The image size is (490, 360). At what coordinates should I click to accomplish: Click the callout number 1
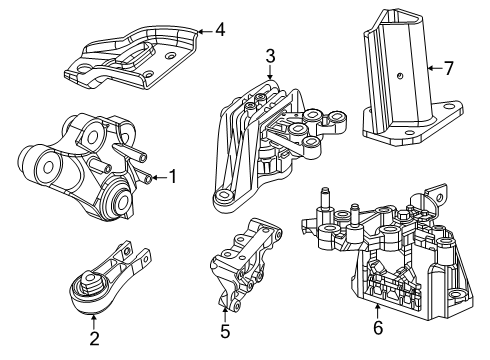pyautogui.click(x=172, y=177)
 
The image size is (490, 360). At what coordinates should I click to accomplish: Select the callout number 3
pyautogui.click(x=269, y=55)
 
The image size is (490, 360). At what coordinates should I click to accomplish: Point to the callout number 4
pyautogui.click(x=219, y=29)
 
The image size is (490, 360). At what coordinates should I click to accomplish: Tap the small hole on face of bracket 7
pyautogui.click(x=399, y=74)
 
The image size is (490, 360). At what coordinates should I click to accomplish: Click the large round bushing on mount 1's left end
pyautogui.click(x=41, y=162)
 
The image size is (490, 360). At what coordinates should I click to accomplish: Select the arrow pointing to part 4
pyautogui.click(x=200, y=30)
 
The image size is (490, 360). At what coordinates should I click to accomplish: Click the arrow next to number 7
pyautogui.click(x=431, y=69)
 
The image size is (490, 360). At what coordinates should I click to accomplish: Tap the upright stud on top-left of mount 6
pyautogui.click(x=323, y=199)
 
